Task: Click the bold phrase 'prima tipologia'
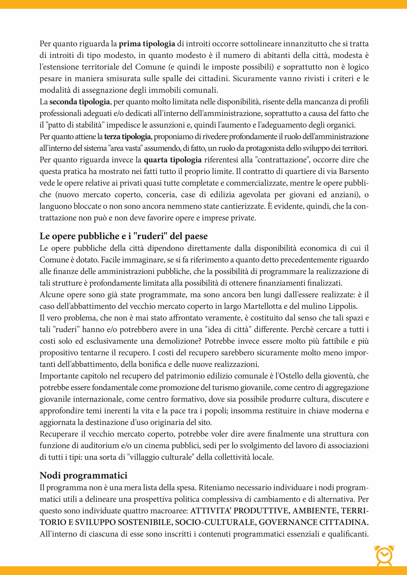click(147, 44)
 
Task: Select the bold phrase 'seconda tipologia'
click(79, 102)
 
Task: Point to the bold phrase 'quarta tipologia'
click(172, 160)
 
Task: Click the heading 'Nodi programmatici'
click(83, 475)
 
